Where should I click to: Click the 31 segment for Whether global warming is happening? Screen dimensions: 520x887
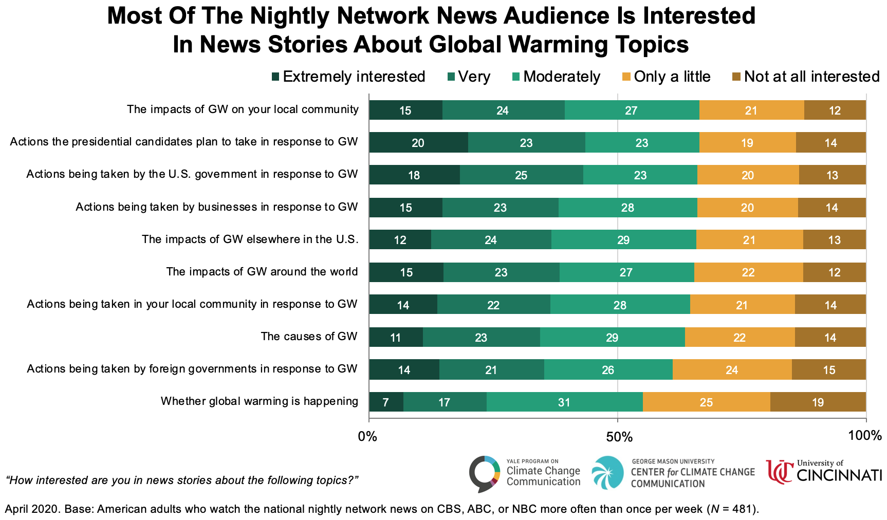tap(564, 402)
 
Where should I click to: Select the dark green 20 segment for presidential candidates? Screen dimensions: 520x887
tap(418, 142)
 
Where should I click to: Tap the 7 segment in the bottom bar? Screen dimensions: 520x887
tap(386, 402)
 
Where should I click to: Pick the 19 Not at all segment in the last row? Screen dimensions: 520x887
tap(818, 402)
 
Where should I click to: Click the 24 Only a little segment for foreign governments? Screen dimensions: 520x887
tap(732, 370)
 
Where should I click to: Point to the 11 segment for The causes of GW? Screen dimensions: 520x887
tap(396, 338)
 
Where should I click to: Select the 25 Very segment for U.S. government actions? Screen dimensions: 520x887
tap(521, 175)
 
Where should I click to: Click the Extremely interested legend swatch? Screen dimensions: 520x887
tap(276, 77)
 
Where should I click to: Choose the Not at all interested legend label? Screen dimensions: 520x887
tap(812, 77)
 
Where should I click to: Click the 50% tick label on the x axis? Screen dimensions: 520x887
tap(619, 437)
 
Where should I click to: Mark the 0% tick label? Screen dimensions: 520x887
tap(367, 437)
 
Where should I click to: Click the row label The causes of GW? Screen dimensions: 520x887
tap(309, 337)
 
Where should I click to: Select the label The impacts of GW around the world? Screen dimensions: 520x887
tap(262, 272)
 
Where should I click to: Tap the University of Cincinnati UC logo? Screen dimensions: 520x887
tap(779, 472)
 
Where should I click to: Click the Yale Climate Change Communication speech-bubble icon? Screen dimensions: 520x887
tap(484, 473)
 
